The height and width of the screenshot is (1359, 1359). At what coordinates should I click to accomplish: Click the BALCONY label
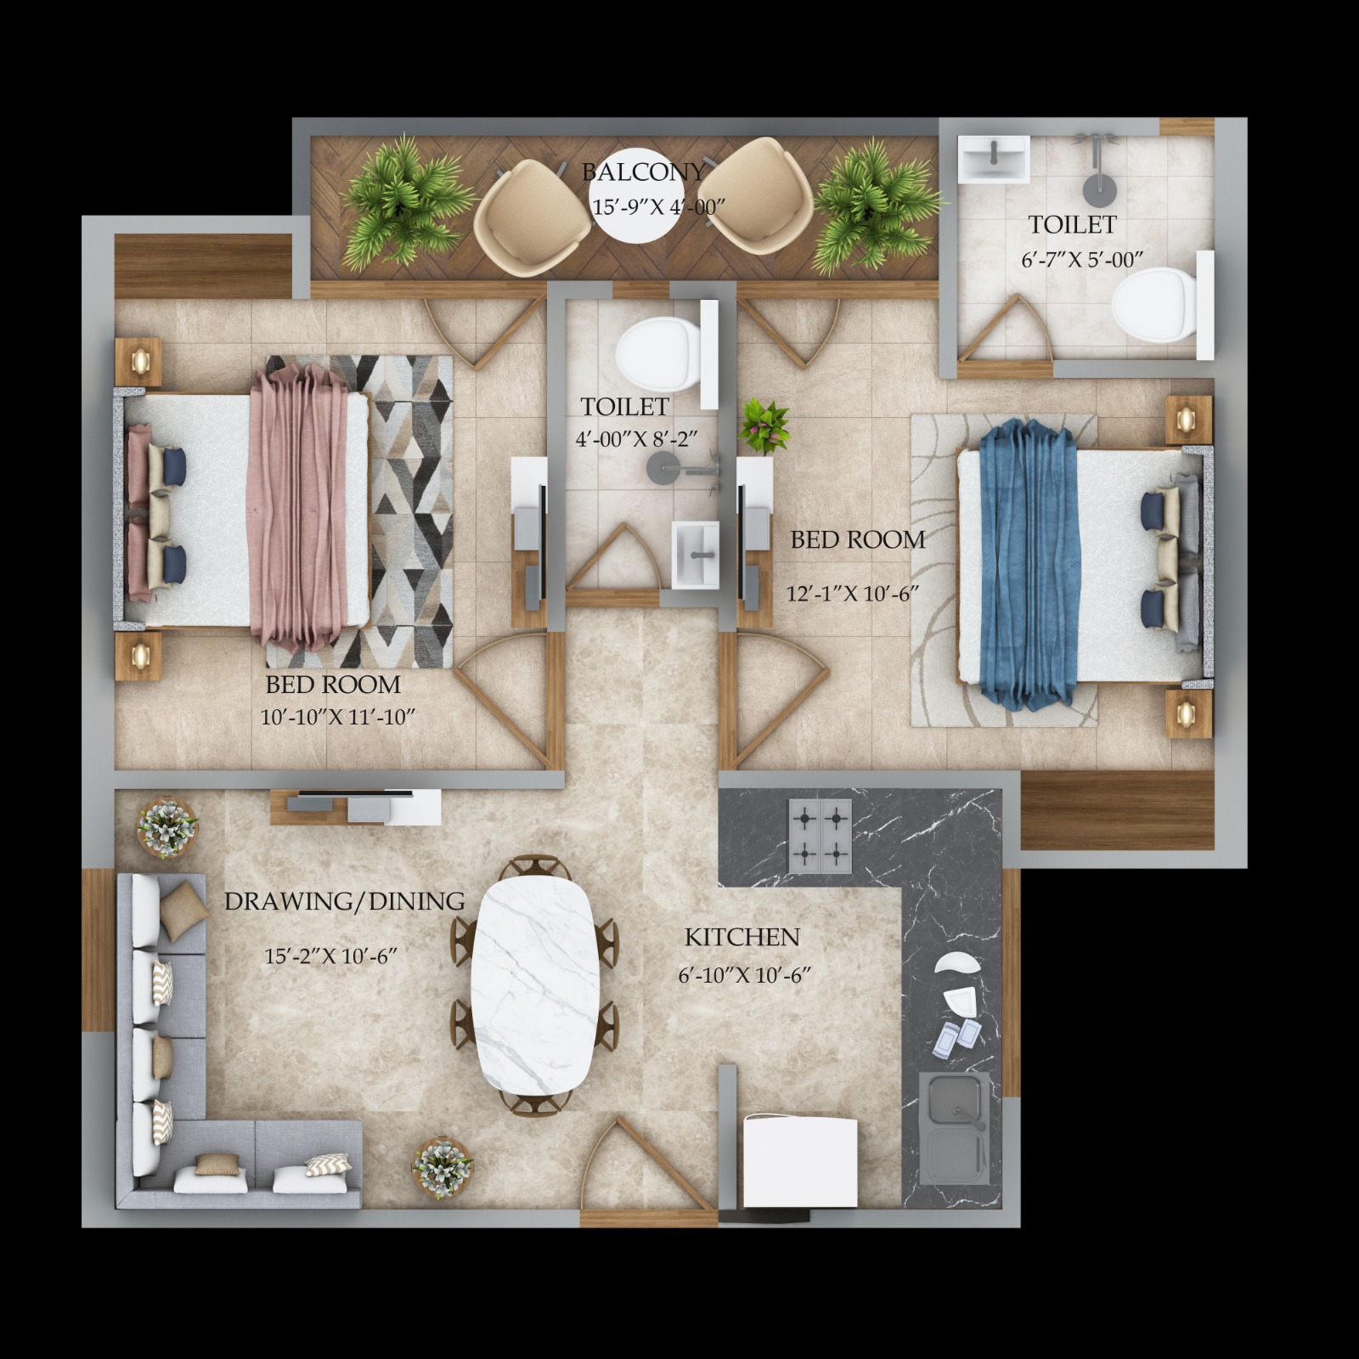pos(643,172)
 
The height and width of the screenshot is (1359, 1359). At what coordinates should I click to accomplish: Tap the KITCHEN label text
pos(742,937)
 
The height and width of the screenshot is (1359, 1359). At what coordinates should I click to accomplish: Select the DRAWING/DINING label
pos(344,901)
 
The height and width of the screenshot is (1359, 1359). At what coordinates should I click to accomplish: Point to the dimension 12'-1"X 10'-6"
pos(854,593)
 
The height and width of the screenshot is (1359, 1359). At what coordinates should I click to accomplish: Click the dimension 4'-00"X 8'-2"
pos(636,440)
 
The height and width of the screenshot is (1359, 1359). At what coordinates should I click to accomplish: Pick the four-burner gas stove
pos(820,836)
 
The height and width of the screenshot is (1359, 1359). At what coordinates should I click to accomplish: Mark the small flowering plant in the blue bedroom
pos(764,426)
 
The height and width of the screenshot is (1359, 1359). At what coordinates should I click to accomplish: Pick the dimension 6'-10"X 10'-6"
pos(744,975)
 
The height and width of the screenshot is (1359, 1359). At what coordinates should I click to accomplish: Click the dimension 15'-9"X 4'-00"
pos(658,206)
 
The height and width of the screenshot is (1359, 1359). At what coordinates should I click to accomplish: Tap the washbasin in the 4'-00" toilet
pos(696,555)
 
